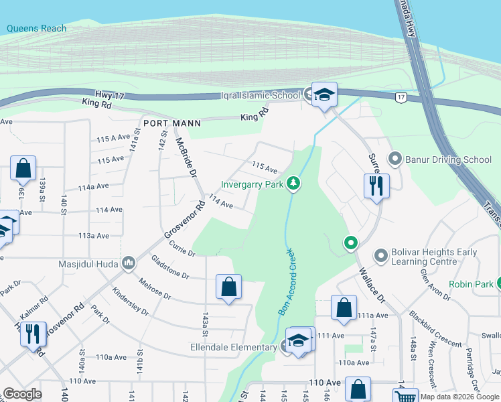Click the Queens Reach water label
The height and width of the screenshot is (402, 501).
[37, 28]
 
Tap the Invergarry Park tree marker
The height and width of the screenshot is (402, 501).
[293, 183]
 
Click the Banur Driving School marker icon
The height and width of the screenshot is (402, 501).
[395, 159]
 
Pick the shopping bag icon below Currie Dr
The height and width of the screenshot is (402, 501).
[228, 287]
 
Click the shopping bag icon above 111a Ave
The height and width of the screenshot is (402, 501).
[344, 308]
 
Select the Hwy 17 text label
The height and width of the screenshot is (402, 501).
[110, 96]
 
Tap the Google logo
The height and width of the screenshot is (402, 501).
[22, 394]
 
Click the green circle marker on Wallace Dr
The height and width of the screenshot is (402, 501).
[350, 243]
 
